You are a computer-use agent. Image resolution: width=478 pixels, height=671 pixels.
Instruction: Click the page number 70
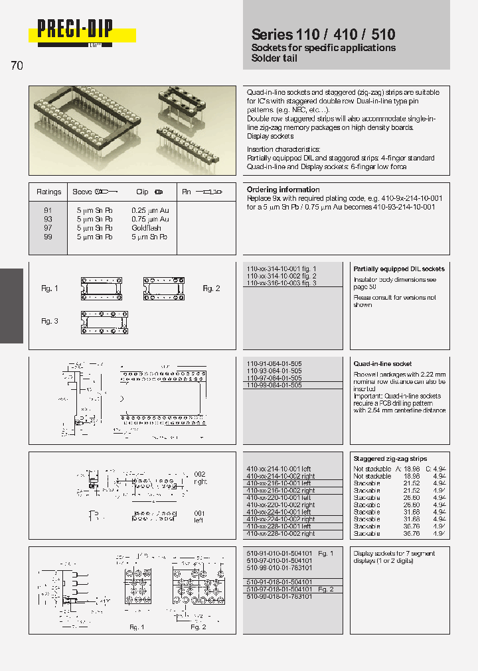(17, 66)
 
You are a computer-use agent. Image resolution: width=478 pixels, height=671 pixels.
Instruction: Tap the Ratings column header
(49, 192)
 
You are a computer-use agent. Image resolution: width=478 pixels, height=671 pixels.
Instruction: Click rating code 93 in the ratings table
(48, 219)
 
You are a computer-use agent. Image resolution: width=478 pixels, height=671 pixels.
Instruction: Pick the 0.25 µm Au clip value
(150, 210)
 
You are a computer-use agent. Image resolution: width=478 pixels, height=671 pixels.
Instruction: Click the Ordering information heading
(283, 190)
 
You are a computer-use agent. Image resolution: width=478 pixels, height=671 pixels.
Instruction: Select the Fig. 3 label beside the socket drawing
(50, 321)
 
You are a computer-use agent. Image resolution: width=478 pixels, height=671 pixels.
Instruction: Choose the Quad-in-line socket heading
(382, 364)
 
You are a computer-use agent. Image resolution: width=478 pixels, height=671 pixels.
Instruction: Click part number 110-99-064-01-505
(274, 385)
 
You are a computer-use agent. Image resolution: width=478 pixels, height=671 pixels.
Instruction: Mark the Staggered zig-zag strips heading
(390, 459)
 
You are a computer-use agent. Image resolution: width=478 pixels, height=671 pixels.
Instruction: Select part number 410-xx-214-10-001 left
(279, 469)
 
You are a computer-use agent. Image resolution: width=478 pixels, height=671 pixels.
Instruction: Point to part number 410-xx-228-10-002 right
(281, 534)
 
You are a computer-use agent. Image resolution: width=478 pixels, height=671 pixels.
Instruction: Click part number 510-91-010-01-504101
(279, 553)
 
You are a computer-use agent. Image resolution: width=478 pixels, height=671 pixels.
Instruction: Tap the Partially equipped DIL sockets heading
(398, 269)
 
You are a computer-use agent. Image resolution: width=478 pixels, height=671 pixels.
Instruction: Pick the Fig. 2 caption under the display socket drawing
(199, 627)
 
